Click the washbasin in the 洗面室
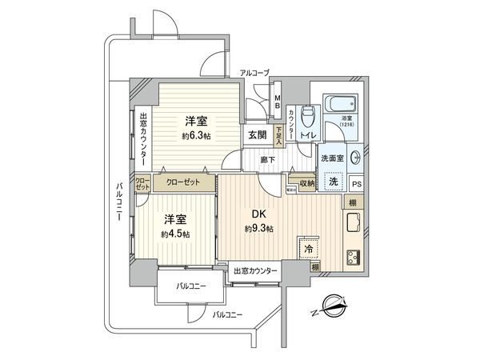click(x=354, y=158)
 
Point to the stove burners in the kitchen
click(x=352, y=257)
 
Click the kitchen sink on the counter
click(x=353, y=221)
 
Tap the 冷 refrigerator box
click(x=308, y=249)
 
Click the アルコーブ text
click(x=255, y=73)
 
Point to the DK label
click(x=259, y=216)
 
